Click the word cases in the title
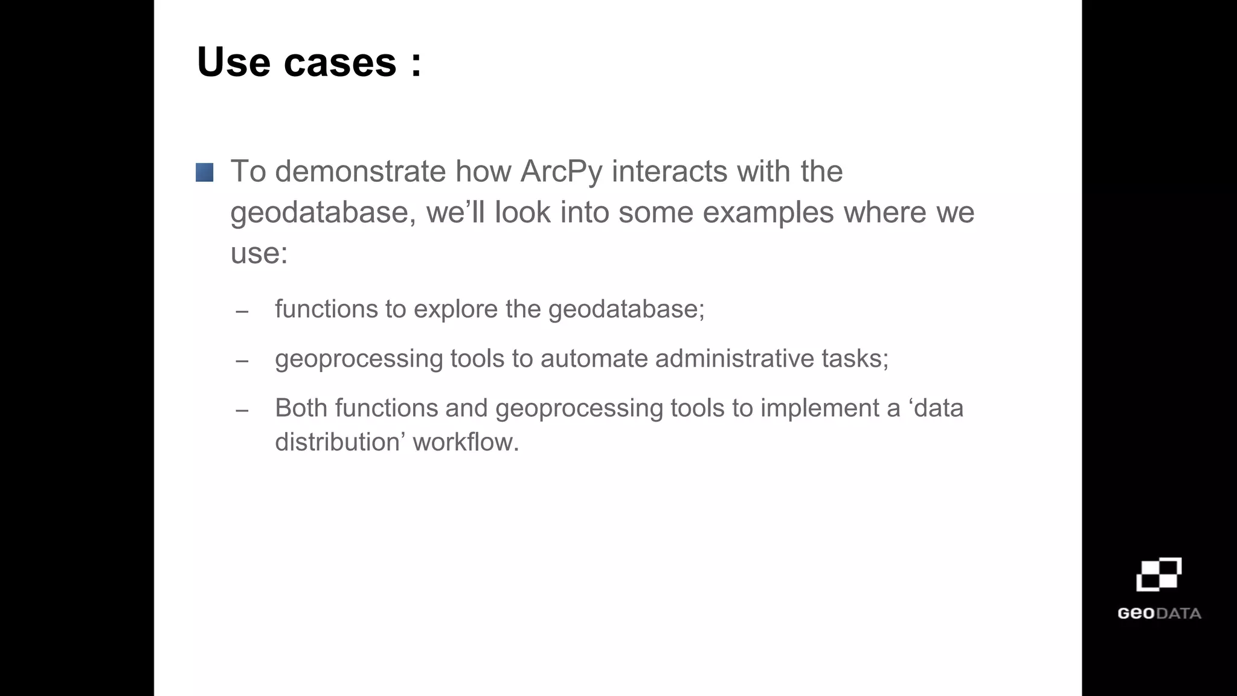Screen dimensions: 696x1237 pyautogui.click(x=339, y=62)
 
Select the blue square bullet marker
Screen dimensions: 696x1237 pyautogui.click(x=204, y=173)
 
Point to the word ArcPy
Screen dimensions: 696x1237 pyautogui.click(x=561, y=172)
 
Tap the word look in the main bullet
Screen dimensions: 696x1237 pyautogui.click(x=522, y=213)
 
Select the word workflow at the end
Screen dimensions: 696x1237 pyautogui.click(x=465, y=442)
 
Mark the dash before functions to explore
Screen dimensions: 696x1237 pyautogui.click(x=242, y=312)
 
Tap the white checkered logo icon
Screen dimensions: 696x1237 pyautogui.click(x=1158, y=575)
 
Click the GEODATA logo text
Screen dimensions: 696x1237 pyautogui.click(x=1158, y=614)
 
